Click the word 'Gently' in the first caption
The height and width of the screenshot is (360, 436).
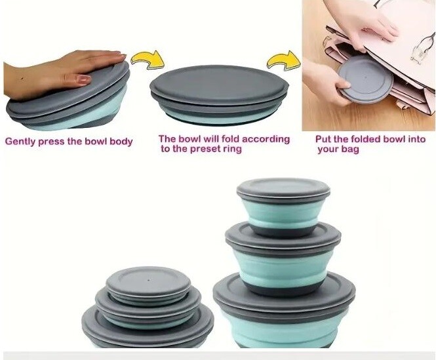coord(20,142)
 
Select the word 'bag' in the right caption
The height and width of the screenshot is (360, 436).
coord(350,150)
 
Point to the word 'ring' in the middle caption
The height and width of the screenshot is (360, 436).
coord(232,150)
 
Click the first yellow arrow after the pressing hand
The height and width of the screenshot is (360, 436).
coord(148,60)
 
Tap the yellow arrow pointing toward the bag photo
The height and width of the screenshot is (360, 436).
coord(284,60)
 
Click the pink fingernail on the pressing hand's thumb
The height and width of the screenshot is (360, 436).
coord(84,79)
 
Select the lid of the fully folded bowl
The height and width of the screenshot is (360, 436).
coord(219,83)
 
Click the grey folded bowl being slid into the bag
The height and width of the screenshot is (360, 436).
coord(365,79)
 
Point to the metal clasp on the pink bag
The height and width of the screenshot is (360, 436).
coord(422,48)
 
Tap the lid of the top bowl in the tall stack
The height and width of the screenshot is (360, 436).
coord(283,189)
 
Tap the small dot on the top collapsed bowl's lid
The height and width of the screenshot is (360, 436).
coord(149,280)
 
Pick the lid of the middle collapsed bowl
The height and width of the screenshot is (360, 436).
coord(148,304)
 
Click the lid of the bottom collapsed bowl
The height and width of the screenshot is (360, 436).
coord(148,325)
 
